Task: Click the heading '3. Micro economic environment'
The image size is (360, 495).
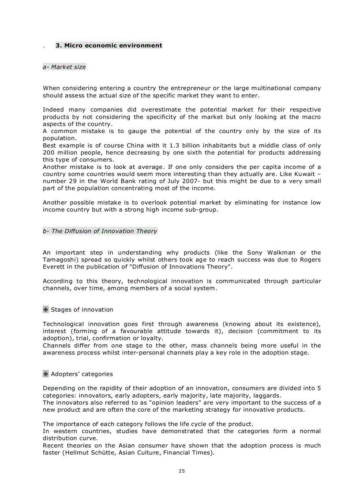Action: pos(109,45)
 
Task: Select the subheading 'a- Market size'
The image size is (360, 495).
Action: pos(64,67)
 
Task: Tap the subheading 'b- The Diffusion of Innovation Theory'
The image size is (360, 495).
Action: pos(100,231)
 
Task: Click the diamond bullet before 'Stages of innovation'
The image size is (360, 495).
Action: pos(45,309)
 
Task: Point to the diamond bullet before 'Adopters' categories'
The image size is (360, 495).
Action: pos(45,374)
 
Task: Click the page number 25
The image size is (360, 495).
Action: pos(182,471)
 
